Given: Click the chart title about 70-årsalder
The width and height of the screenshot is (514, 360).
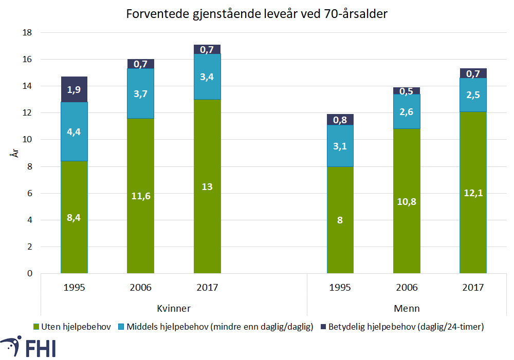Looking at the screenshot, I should tap(256, 14).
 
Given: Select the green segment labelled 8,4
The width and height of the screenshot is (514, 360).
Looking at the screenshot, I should tap(74, 217).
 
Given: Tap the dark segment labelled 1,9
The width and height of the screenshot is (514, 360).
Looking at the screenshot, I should tap(74, 89).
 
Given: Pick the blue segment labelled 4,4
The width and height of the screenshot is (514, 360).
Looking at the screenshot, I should tap(74, 131).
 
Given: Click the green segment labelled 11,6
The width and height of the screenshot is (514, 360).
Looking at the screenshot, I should tap(140, 196).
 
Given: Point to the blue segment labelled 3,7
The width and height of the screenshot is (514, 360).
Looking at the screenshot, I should tap(140, 93).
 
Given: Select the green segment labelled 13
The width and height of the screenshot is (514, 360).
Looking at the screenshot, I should tap(207, 186).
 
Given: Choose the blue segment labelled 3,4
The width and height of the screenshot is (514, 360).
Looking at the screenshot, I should tap(207, 77).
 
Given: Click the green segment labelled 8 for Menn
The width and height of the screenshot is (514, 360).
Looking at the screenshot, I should tap(340, 220).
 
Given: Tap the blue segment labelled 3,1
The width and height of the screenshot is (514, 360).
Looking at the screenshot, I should tap(340, 146).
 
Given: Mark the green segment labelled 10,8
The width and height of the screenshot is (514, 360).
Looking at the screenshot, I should tap(407, 201).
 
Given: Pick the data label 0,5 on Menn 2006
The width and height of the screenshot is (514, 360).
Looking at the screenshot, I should tap(407, 91).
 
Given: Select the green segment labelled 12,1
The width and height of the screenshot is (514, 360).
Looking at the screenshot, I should tap(473, 193).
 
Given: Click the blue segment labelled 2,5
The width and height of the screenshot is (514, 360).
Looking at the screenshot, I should tap(473, 95).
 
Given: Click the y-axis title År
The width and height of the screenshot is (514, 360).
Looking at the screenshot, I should tap(15, 153).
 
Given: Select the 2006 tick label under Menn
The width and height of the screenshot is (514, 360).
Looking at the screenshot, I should tap(407, 288).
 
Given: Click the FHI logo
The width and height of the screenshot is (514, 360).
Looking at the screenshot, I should tap(29, 347).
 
